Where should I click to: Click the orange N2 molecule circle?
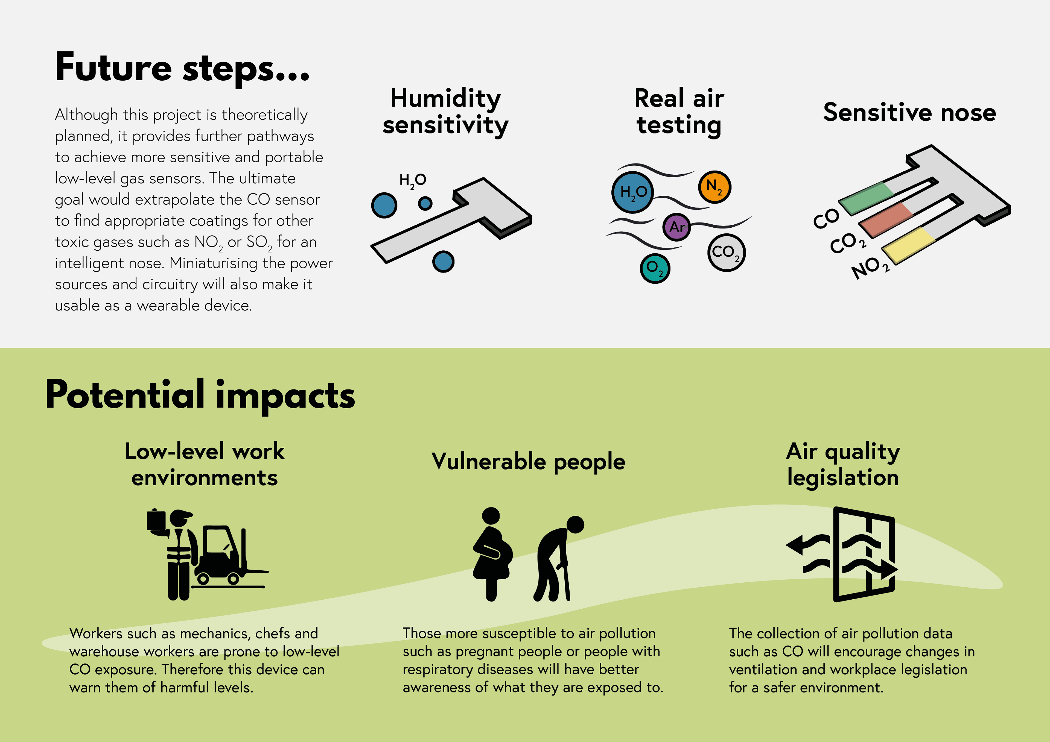714,187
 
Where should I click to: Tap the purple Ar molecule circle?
677,227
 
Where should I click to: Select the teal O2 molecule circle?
655,268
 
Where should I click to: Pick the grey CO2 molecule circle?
726,252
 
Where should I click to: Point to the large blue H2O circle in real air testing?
632,192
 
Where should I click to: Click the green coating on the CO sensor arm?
867,198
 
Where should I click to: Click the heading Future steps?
182,69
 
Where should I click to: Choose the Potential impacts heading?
200,396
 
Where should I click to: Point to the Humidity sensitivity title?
445,112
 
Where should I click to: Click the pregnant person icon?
492,554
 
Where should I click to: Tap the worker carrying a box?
173,554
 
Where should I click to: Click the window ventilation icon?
842,554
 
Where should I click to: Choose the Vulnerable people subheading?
528,462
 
